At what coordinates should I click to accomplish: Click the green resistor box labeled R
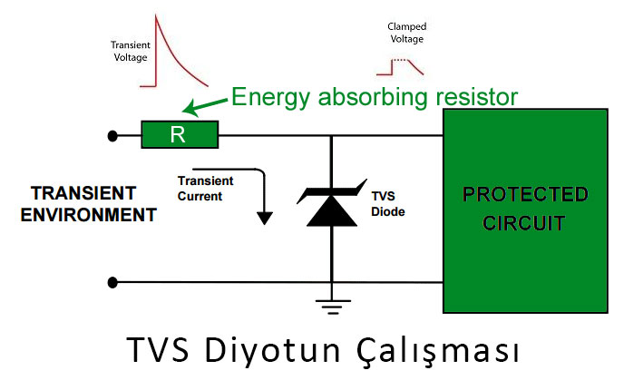(180, 134)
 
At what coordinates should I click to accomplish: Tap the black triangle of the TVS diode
(332, 212)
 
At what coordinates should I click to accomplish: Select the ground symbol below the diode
(333, 307)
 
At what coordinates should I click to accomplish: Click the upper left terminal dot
(112, 136)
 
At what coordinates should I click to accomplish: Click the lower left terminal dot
(112, 283)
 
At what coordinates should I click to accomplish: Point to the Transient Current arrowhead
(265, 219)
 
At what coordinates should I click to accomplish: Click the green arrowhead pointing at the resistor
(190, 108)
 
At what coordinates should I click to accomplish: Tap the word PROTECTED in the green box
(525, 195)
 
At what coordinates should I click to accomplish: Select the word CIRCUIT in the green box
(523, 223)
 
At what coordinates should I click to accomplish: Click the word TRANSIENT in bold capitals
(83, 193)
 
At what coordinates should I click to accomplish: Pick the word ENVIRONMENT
(88, 215)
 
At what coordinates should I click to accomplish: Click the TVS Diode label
(387, 204)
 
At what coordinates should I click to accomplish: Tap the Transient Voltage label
(131, 52)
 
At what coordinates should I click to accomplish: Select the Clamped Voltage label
(406, 33)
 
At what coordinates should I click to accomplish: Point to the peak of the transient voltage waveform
(156, 15)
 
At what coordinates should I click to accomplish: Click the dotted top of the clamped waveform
(400, 60)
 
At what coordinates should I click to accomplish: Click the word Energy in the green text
(270, 98)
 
